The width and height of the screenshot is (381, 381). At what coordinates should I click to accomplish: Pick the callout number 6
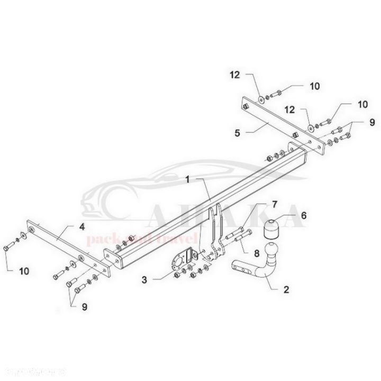click(x=303, y=215)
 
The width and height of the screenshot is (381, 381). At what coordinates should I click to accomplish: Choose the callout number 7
click(x=275, y=204)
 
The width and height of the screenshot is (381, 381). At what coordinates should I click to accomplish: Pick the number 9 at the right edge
click(x=371, y=122)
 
